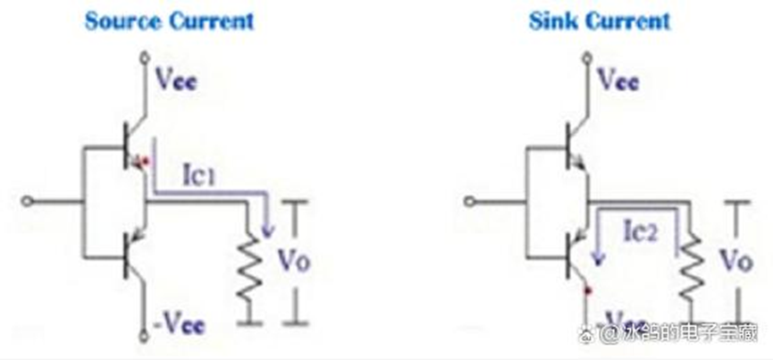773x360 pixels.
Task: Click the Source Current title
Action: click(169, 21)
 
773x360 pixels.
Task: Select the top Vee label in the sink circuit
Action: click(617, 82)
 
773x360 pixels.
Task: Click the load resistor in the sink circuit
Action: click(690, 267)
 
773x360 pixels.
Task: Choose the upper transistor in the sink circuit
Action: click(572, 147)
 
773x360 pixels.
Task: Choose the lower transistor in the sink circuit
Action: click(572, 254)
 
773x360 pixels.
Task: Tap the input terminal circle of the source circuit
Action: click(26, 202)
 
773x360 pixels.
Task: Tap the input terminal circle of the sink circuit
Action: click(468, 202)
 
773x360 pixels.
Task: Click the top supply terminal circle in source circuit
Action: click(144, 57)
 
